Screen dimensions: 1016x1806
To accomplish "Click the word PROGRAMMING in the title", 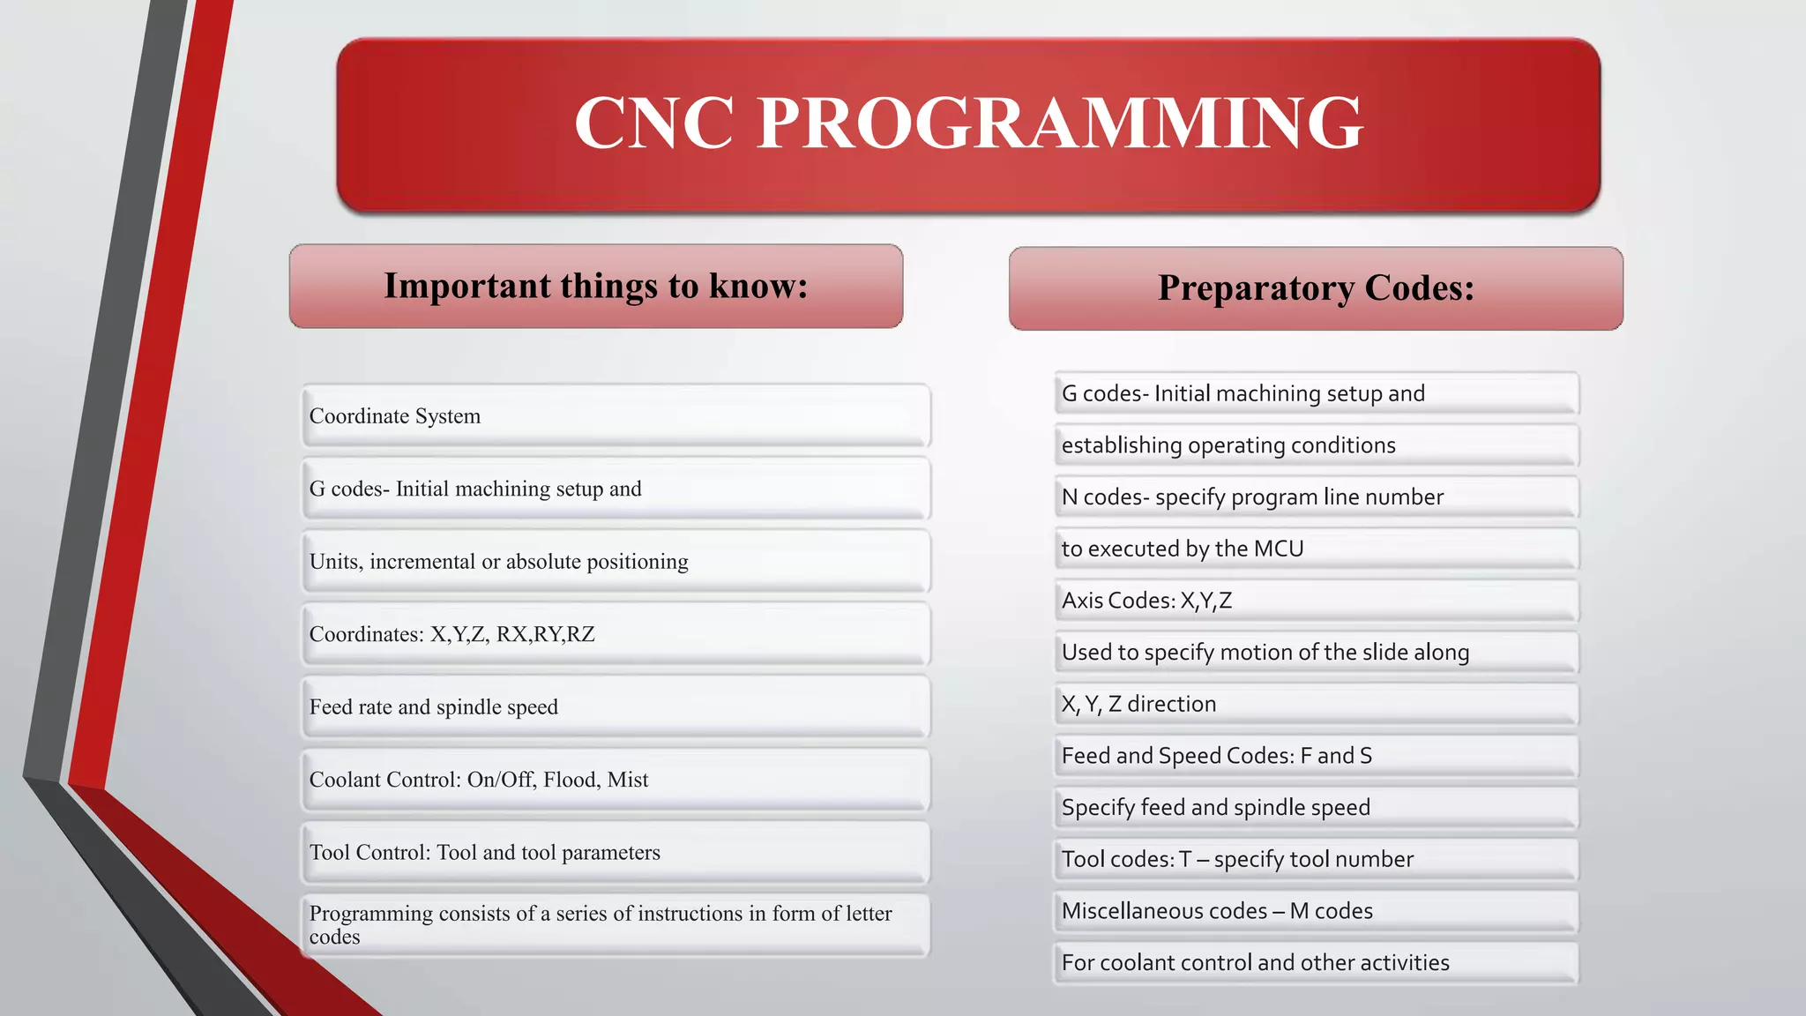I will (x=1060, y=123).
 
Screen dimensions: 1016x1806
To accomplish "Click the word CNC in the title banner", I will (x=654, y=123).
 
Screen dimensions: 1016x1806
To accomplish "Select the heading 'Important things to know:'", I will (x=596, y=286).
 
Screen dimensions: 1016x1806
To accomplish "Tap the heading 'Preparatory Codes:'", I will (x=1316, y=288).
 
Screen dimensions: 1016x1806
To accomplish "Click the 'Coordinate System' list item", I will (x=395, y=416).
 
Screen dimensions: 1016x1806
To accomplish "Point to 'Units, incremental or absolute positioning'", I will (x=498, y=562).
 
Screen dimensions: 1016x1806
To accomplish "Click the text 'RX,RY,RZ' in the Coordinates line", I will (x=546, y=634).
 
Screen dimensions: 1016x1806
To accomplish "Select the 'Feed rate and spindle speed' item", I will (x=433, y=707).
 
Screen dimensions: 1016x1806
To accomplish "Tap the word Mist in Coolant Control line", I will (x=628, y=780).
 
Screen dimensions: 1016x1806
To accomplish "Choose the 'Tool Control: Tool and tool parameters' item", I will (x=484, y=853).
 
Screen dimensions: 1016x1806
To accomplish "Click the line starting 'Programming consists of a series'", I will (x=600, y=915).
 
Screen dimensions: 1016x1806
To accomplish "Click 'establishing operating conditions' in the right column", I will (x=1228, y=445).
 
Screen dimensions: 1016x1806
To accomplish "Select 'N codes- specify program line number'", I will (x=1252, y=497).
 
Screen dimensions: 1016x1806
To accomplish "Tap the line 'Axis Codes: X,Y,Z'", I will (x=1146, y=601).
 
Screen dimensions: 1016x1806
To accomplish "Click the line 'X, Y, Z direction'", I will (x=1138, y=704).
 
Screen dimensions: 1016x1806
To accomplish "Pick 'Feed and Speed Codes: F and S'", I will (x=1216, y=756).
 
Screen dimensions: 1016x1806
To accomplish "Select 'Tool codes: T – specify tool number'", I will (x=1237, y=859).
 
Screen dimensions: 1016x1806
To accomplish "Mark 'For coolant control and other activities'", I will (x=1255, y=963).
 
